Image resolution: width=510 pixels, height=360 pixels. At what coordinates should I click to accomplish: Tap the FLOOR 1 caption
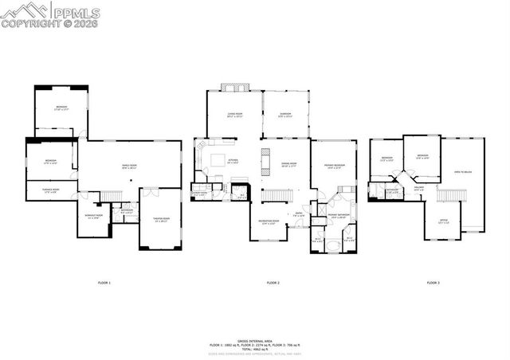coord(104,283)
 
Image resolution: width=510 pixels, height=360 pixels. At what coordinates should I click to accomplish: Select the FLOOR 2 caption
coord(273,283)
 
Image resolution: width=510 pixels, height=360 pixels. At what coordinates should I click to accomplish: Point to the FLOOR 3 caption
coord(433,283)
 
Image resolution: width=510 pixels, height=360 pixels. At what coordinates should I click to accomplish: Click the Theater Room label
coord(160,219)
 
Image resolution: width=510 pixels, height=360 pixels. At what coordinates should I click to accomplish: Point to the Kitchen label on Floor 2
coord(233,161)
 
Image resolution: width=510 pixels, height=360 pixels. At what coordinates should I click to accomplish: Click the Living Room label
coord(234,115)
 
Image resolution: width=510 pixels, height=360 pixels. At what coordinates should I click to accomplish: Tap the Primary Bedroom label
coord(333,166)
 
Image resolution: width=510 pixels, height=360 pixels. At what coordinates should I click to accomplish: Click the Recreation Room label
coord(269,222)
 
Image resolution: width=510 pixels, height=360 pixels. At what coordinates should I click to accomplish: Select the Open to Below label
coord(462,171)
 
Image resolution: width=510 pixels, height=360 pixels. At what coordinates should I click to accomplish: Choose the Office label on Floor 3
coord(443,221)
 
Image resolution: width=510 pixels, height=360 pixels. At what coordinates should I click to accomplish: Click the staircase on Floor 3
coord(450,196)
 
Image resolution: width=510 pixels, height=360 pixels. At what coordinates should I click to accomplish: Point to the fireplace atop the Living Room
coord(234,86)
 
